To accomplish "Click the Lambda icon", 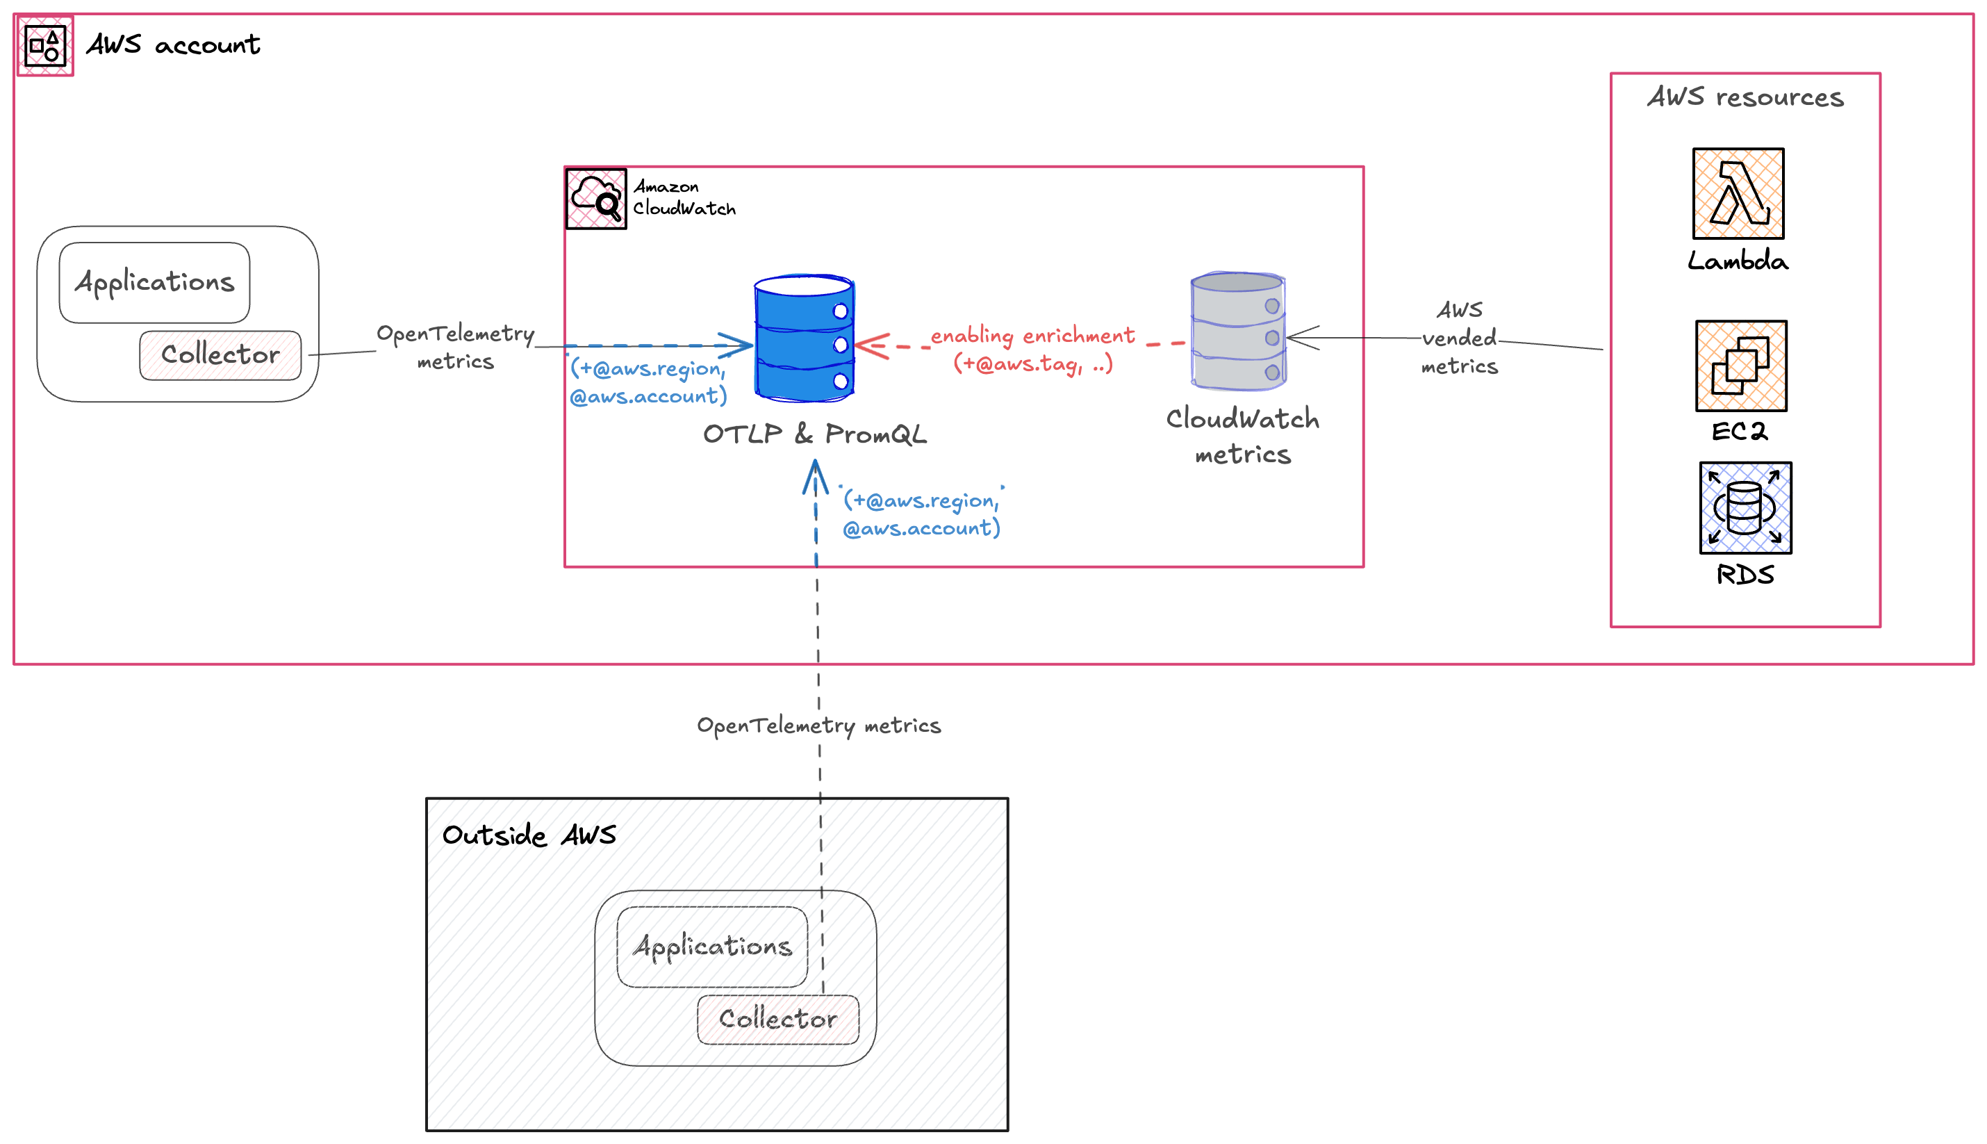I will [1738, 193].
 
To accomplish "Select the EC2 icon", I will [1740, 366].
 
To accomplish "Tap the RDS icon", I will [1745, 507].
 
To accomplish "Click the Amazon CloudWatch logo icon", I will [596, 199].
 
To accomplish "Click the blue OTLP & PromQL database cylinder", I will [803, 338].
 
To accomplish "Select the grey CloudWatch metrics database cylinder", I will [1238, 331].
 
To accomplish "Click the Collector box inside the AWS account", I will [220, 355].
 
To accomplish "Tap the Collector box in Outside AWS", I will [777, 1019].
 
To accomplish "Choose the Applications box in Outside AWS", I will [712, 947].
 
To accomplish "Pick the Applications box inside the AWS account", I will [155, 282].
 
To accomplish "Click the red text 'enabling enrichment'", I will [1032, 336].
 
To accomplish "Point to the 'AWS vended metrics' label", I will [1459, 338].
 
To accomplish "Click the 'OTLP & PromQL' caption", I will [814, 434].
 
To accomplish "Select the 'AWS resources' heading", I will [1745, 97].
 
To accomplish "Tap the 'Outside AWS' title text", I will [529, 835].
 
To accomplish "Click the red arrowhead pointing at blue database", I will [871, 345].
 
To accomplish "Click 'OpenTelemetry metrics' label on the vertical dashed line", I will [818, 725].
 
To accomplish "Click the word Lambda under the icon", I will [1738, 261].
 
